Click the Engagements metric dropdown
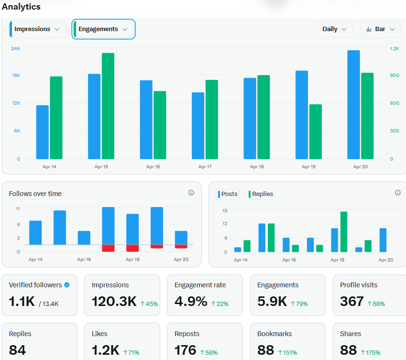103,29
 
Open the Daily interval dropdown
335,29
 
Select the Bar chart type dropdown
380,29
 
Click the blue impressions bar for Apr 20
353,105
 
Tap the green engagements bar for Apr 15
108,106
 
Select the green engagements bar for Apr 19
316,131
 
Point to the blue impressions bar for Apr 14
42,132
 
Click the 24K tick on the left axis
16,49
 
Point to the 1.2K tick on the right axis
395,49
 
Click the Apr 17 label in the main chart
205,167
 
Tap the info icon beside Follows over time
191,193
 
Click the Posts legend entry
228,194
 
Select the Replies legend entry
261,194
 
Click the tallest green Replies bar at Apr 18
344,232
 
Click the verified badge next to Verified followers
67,285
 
